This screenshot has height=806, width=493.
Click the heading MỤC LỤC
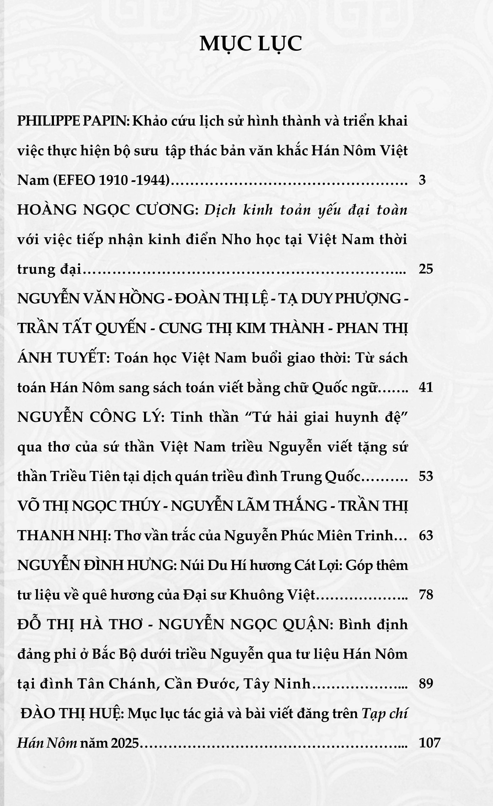point(251,44)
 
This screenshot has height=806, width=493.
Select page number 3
point(422,180)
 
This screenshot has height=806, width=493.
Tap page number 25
point(426,269)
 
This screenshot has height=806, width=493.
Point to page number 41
point(426,387)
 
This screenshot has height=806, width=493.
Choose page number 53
point(426,476)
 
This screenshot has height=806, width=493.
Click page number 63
point(426,536)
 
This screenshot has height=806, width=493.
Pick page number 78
point(426,594)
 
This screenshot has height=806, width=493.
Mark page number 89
point(426,683)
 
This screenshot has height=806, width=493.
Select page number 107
point(429,742)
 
